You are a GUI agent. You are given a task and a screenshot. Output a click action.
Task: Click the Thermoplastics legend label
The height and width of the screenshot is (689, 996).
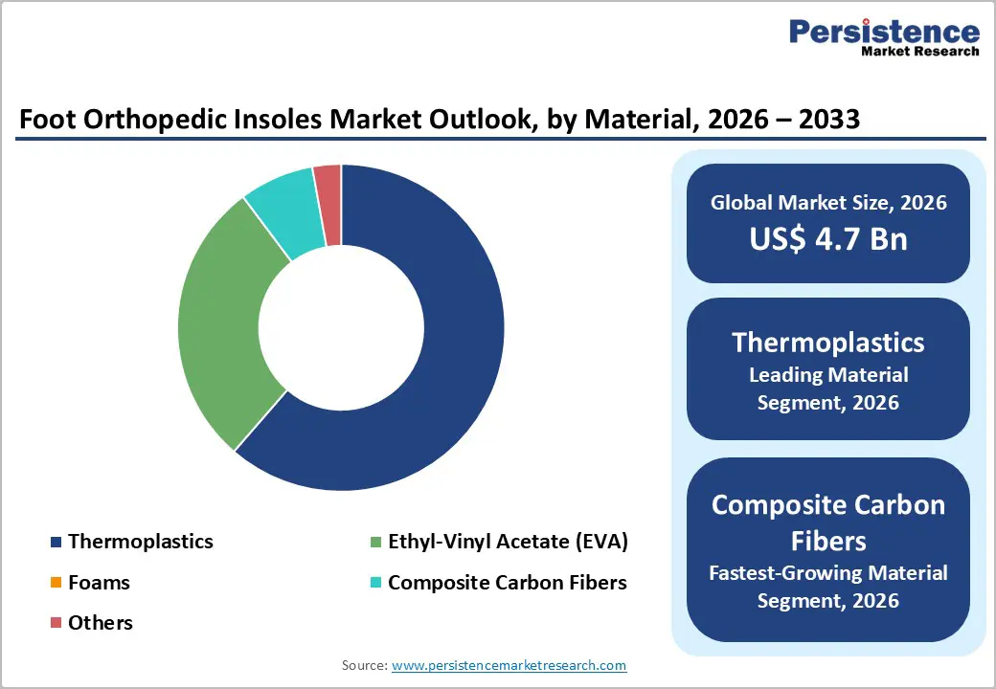140,542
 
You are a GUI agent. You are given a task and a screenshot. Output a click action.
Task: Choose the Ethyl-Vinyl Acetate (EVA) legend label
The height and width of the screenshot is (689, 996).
508,542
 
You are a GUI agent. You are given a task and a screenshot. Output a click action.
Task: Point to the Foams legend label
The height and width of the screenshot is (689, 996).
99,582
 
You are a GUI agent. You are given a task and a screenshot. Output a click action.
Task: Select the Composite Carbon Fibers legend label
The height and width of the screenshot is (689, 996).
508,582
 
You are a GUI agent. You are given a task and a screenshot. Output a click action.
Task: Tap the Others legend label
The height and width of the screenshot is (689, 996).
101,623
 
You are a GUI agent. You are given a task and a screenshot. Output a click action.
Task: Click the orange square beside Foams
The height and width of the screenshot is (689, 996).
55,583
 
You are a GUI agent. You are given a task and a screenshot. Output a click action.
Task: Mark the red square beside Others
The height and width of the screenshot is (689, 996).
55,624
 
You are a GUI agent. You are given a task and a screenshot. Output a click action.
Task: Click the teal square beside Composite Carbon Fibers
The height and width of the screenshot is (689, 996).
375,583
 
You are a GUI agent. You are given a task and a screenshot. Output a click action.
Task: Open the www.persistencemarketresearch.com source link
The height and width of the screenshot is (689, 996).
509,665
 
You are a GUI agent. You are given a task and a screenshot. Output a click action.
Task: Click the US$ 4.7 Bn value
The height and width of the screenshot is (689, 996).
828,238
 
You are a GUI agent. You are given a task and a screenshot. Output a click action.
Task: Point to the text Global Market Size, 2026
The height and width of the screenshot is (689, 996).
828,202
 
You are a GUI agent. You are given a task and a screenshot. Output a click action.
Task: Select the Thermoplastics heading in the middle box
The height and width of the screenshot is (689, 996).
828,342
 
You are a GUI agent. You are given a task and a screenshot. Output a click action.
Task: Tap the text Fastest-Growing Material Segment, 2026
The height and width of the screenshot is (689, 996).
828,587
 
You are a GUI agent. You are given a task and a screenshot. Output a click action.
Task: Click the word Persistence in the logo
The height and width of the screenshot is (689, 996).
884,31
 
